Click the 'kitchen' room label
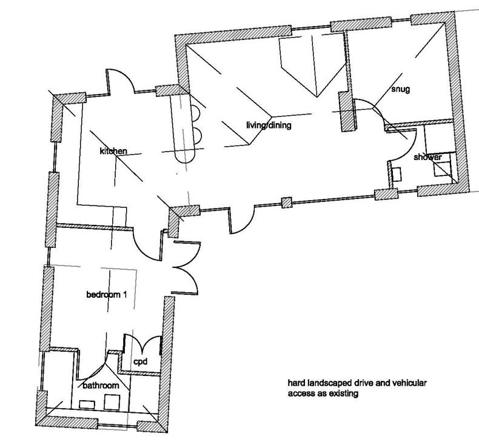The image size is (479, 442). (x=113, y=150)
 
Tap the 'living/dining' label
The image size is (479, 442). (x=269, y=126)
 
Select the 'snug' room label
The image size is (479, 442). (x=401, y=90)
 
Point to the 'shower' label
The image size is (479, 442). (x=427, y=158)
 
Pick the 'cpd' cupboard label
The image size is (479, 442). (x=141, y=362)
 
